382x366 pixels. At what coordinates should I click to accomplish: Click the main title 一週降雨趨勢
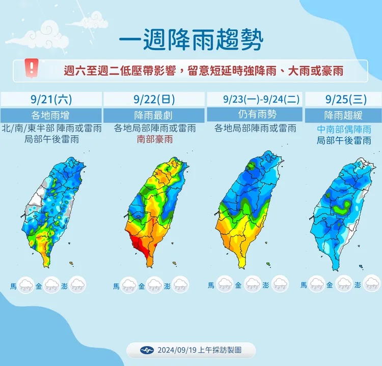tap(191, 40)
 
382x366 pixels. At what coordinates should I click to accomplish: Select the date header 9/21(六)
tap(50, 99)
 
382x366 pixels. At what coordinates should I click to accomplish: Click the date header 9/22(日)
tap(153, 99)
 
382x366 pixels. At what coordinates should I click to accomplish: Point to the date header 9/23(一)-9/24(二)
tap(255, 99)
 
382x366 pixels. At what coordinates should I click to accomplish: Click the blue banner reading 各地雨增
tap(50, 114)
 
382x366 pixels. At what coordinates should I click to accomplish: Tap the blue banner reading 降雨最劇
tap(153, 114)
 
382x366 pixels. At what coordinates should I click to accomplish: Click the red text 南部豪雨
tap(154, 139)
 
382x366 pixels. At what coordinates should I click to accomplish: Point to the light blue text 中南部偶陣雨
tap(344, 129)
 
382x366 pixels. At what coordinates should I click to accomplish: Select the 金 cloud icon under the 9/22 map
tap(154, 285)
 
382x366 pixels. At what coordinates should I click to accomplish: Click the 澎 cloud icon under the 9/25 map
tap(372, 284)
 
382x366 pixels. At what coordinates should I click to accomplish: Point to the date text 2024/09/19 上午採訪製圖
tap(199, 350)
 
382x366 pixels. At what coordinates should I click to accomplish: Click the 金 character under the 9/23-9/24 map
tap(238, 285)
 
